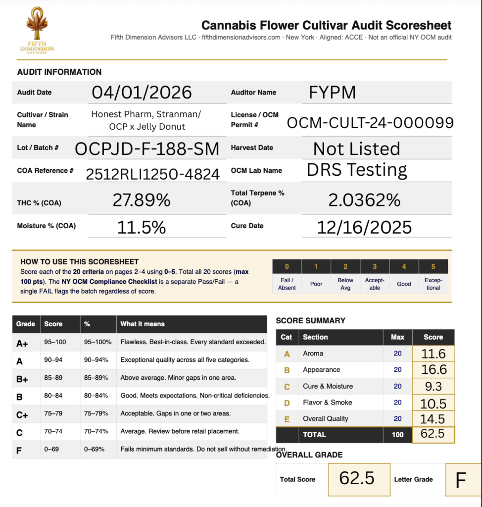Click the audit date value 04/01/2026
coord(142,92)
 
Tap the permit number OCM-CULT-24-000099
coord(370,122)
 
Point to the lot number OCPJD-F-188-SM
coord(146,149)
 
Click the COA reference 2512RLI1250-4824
coord(152,174)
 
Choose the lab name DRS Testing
coord(356,170)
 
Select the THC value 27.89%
coord(142,200)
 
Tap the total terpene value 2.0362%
coord(364,200)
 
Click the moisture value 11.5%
coord(141,227)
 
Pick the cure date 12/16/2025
coord(364,227)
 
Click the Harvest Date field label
coord(252,148)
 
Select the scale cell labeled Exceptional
coord(433,284)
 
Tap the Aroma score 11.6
coord(433,354)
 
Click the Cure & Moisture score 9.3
coord(433,386)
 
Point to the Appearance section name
coord(321,370)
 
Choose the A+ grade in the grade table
coord(21,343)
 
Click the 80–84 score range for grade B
coord(54,396)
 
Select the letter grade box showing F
coord(461,480)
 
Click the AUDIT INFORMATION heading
coord(59,72)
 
